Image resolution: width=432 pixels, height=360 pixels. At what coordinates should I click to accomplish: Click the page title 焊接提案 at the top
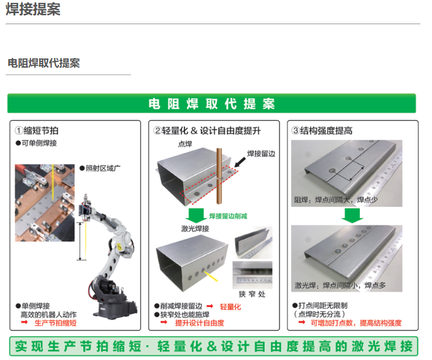[33, 9]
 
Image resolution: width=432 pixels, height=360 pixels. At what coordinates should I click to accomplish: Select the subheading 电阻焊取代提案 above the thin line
[44, 63]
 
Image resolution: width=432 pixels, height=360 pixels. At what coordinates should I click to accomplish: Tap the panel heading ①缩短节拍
[37, 130]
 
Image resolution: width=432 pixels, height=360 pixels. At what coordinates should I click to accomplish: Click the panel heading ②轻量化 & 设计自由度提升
[207, 130]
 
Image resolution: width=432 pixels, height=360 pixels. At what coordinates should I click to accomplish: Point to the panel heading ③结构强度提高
[322, 130]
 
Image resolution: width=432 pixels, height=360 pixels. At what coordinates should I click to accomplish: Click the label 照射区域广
[100, 168]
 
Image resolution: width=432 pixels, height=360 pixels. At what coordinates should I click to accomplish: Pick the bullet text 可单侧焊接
[36, 143]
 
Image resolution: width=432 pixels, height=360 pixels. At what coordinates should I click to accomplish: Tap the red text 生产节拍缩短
[56, 323]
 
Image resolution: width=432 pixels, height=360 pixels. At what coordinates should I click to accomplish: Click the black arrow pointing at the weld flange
[239, 162]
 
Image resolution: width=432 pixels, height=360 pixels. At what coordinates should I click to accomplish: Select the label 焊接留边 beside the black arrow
[261, 154]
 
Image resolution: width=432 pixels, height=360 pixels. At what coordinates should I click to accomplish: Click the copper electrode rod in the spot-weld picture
[219, 176]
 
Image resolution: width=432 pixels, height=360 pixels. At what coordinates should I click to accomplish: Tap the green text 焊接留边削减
[228, 216]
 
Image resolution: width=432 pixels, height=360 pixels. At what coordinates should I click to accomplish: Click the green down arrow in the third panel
[352, 216]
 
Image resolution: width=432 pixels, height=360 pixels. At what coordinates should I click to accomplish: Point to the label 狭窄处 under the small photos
[252, 294]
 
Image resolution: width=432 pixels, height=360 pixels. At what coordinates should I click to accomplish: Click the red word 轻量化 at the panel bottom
[230, 307]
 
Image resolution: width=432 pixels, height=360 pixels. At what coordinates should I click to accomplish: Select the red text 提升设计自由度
[199, 323]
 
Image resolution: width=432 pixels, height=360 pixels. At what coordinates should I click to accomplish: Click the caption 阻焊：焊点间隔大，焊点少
[336, 199]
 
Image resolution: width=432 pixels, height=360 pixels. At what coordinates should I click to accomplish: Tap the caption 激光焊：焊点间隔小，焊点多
[340, 285]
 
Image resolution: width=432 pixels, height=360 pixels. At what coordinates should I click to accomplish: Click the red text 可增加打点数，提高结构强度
[356, 323]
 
